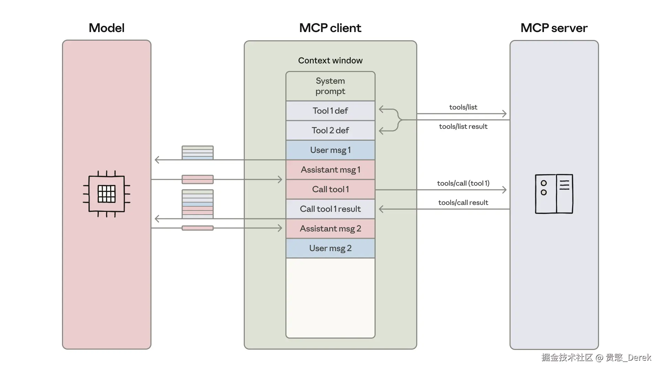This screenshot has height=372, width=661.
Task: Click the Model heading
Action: (106, 28)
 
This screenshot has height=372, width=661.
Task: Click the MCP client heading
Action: (330, 28)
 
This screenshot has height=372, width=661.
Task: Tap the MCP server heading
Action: (554, 28)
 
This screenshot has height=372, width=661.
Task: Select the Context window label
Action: (330, 61)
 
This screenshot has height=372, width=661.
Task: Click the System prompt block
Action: (330, 86)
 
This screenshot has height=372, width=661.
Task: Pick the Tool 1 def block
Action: (330, 111)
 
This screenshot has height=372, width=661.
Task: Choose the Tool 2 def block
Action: (330, 131)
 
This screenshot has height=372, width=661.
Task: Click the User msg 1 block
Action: (330, 150)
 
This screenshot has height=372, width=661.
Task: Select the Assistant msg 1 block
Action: (330, 170)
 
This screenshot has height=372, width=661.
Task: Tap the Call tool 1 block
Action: (330, 189)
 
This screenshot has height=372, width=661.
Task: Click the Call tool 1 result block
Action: (330, 209)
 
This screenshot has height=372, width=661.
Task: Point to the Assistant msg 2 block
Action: (330, 229)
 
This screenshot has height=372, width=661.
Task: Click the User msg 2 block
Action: (330, 248)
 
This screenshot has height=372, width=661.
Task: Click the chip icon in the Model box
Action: (106, 194)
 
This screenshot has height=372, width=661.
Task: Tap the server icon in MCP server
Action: (554, 194)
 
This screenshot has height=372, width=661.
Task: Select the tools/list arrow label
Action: (463, 107)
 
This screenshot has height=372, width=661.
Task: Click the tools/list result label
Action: (463, 126)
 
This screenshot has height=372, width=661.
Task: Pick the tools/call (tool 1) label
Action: (463, 183)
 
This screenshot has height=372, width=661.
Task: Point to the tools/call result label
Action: (463, 203)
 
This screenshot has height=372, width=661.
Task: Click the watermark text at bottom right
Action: (596, 358)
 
